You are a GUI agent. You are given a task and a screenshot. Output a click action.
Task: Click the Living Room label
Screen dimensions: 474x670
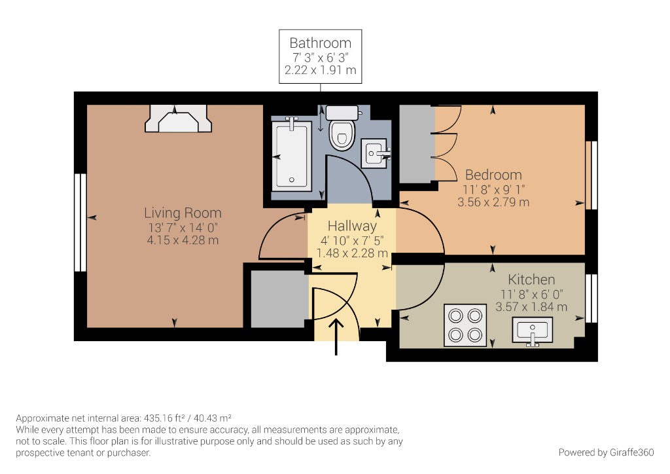[183, 213]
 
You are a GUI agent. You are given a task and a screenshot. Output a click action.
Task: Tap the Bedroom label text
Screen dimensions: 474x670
[493, 175]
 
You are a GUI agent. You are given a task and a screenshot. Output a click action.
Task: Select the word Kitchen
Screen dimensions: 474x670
[531, 280]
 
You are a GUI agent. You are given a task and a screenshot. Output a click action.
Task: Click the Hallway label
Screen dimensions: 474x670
[352, 226]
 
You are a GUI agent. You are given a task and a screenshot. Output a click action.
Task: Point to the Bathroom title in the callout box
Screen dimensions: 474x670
[320, 43]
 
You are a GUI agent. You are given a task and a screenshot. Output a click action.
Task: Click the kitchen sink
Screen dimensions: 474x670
[534, 329]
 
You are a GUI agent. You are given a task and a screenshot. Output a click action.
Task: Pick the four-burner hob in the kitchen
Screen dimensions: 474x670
[465, 325]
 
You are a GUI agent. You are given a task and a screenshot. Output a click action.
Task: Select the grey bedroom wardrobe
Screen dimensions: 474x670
[416, 144]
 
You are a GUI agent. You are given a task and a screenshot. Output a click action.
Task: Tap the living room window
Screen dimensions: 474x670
[80, 222]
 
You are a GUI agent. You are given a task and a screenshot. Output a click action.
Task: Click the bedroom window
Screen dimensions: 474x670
[592, 175]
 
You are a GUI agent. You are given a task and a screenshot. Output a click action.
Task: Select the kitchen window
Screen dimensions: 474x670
[592, 298]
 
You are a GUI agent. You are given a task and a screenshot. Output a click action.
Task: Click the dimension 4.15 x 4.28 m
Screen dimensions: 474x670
[183, 240]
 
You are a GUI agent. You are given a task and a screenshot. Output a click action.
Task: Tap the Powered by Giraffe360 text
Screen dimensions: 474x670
[606, 452]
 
